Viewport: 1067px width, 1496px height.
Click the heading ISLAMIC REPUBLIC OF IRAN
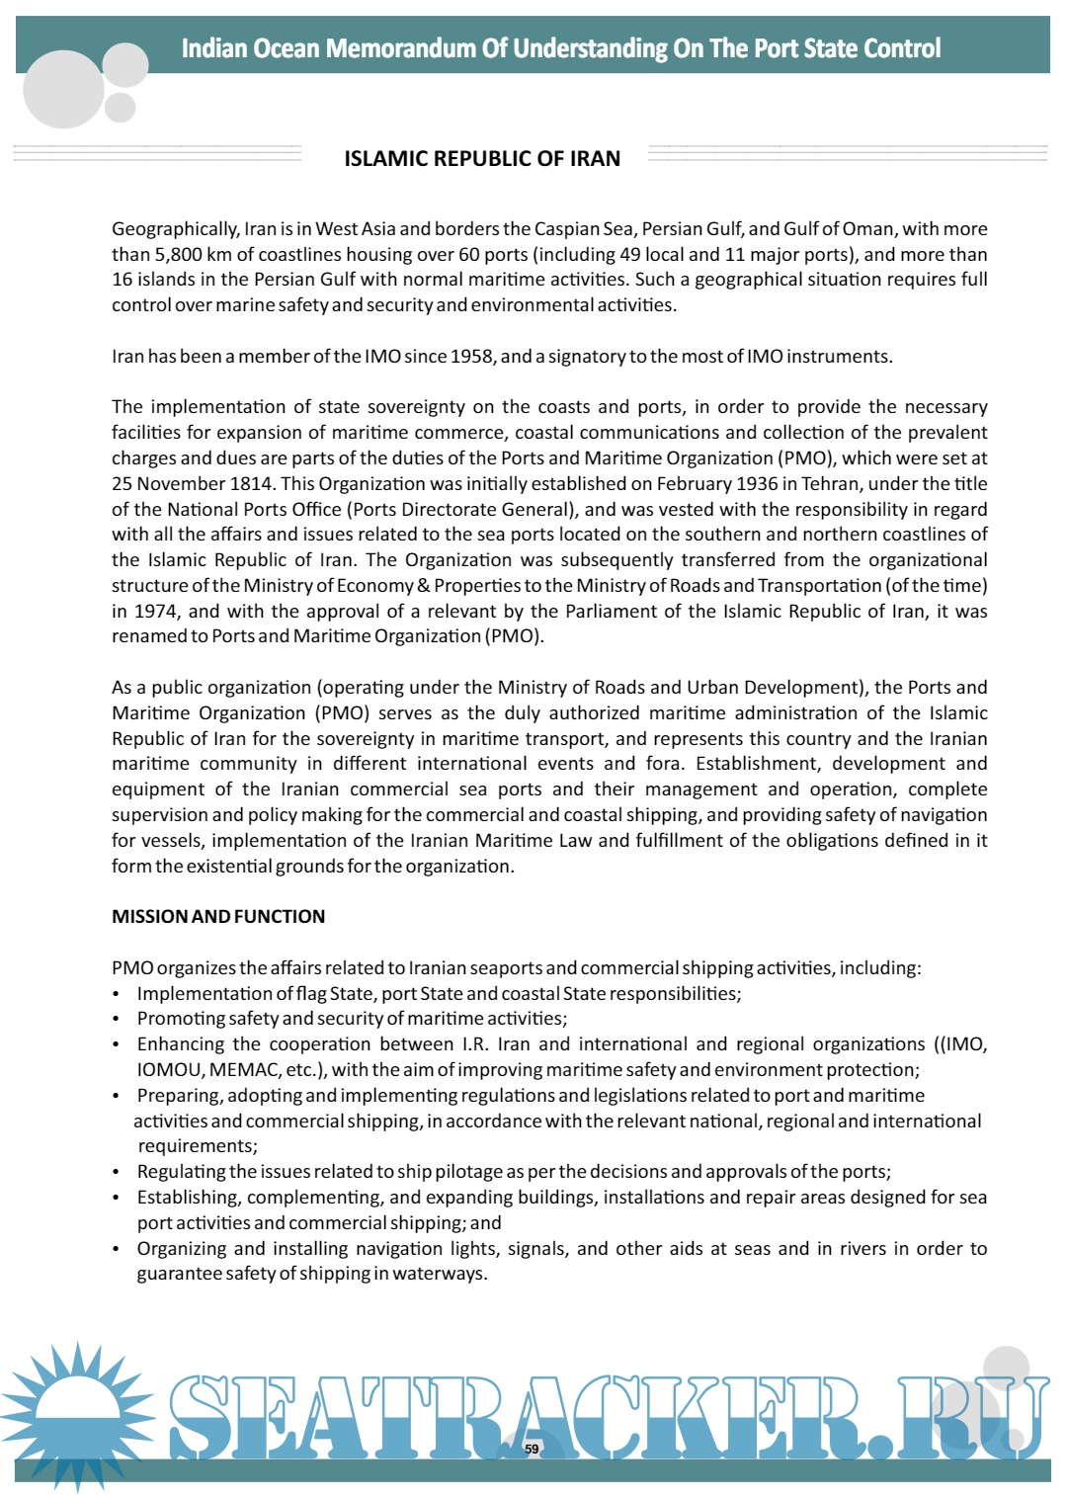click(x=482, y=159)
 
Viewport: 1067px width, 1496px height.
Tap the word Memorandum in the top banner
click(x=401, y=48)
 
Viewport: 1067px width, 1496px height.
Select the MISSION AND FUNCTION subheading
click(x=218, y=916)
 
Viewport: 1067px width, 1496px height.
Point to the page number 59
click(x=532, y=1449)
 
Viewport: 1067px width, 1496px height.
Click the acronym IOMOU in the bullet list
click(x=169, y=1069)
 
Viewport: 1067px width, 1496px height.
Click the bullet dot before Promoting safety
click(x=117, y=1019)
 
